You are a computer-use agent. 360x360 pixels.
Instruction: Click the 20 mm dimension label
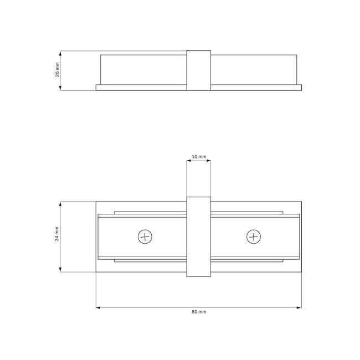(x=58, y=69)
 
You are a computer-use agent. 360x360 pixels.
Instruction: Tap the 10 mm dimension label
(x=199, y=157)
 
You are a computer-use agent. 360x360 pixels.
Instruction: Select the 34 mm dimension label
(x=56, y=234)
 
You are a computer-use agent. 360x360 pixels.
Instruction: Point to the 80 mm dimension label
(x=199, y=312)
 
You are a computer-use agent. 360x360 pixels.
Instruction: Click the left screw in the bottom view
(x=145, y=236)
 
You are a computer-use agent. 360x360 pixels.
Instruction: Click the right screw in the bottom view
(x=254, y=236)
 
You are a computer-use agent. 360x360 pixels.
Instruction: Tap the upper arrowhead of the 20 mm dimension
(x=60, y=53)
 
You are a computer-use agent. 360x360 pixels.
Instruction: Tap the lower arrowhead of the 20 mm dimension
(x=60, y=88)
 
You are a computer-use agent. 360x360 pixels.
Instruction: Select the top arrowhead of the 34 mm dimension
(x=60, y=204)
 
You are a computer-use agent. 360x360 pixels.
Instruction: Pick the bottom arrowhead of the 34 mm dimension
(x=60, y=270)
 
